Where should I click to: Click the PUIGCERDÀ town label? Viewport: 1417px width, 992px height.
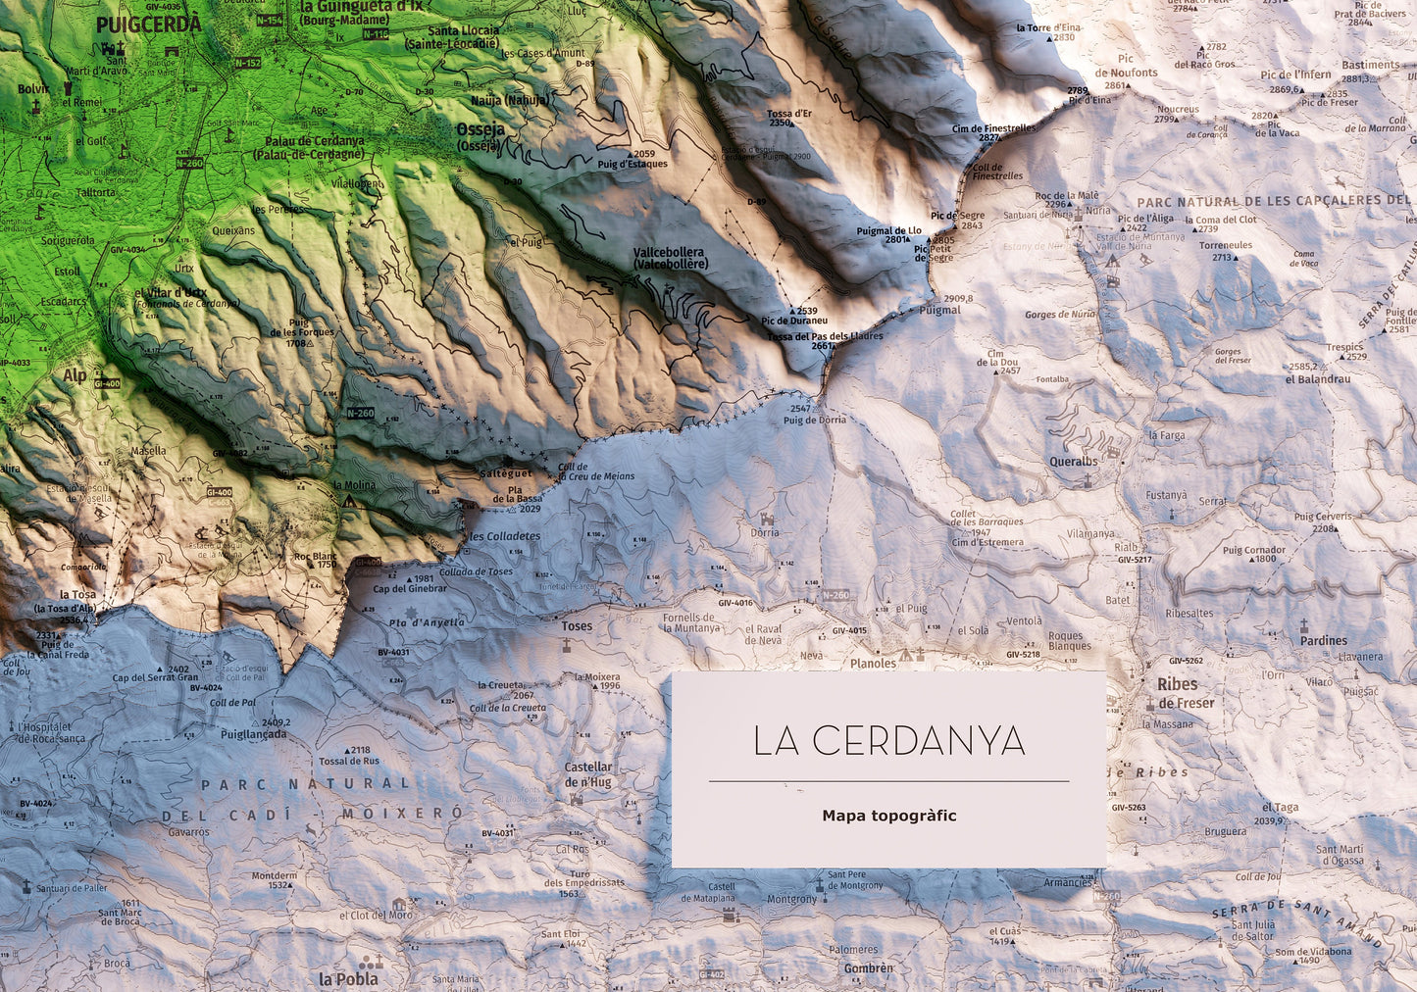pyautogui.click(x=149, y=24)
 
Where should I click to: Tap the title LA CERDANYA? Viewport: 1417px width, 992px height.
pyautogui.click(x=888, y=741)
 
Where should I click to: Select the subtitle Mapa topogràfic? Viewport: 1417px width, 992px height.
pyautogui.click(x=888, y=816)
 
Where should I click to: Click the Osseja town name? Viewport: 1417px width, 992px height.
pyautogui.click(x=481, y=130)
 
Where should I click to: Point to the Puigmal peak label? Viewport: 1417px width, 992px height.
pyautogui.click(x=939, y=310)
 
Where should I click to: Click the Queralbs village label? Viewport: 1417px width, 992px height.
pyautogui.click(x=1073, y=462)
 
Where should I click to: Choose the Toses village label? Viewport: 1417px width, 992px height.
pyautogui.click(x=577, y=626)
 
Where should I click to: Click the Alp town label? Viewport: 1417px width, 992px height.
pyautogui.click(x=75, y=374)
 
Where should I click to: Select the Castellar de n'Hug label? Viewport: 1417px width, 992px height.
pyautogui.click(x=588, y=774)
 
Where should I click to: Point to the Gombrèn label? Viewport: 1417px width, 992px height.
pyautogui.click(x=868, y=968)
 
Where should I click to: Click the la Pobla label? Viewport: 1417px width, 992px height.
pyautogui.click(x=347, y=978)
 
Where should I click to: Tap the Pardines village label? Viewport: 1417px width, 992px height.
pyautogui.click(x=1324, y=641)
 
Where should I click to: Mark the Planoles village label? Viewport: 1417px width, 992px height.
pyautogui.click(x=873, y=663)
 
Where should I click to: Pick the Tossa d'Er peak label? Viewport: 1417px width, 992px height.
pyautogui.click(x=788, y=114)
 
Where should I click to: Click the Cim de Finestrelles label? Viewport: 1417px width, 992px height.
pyautogui.click(x=993, y=128)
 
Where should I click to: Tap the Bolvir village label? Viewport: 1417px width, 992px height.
pyautogui.click(x=33, y=89)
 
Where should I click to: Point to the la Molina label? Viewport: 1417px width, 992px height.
pyautogui.click(x=354, y=485)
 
